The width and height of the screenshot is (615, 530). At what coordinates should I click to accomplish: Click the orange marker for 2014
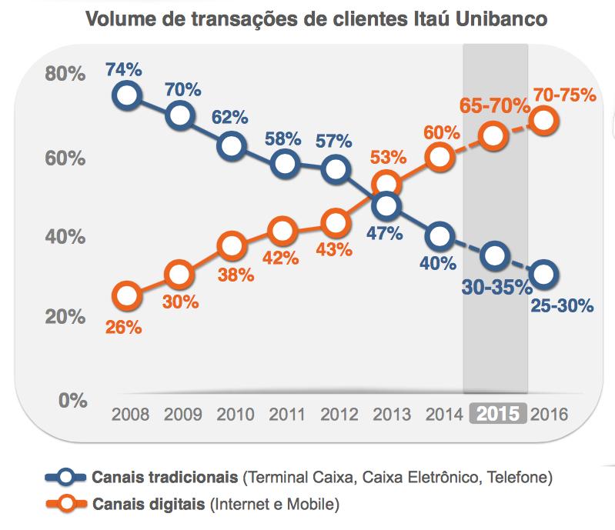[439, 156]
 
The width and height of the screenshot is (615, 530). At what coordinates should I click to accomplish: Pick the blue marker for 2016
[543, 273]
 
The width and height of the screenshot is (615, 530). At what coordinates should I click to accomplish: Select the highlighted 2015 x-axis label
[496, 413]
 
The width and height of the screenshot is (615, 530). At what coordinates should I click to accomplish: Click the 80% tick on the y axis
[65, 75]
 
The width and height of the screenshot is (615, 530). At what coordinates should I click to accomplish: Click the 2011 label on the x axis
[286, 414]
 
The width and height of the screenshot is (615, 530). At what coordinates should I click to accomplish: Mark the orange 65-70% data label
[490, 106]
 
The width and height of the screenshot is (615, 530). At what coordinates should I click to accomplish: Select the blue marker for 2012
[335, 169]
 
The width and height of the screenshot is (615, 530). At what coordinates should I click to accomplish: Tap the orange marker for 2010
[231, 246]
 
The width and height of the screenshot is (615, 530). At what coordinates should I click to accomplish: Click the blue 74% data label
[124, 69]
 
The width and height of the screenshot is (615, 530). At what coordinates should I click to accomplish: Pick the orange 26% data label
[124, 327]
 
